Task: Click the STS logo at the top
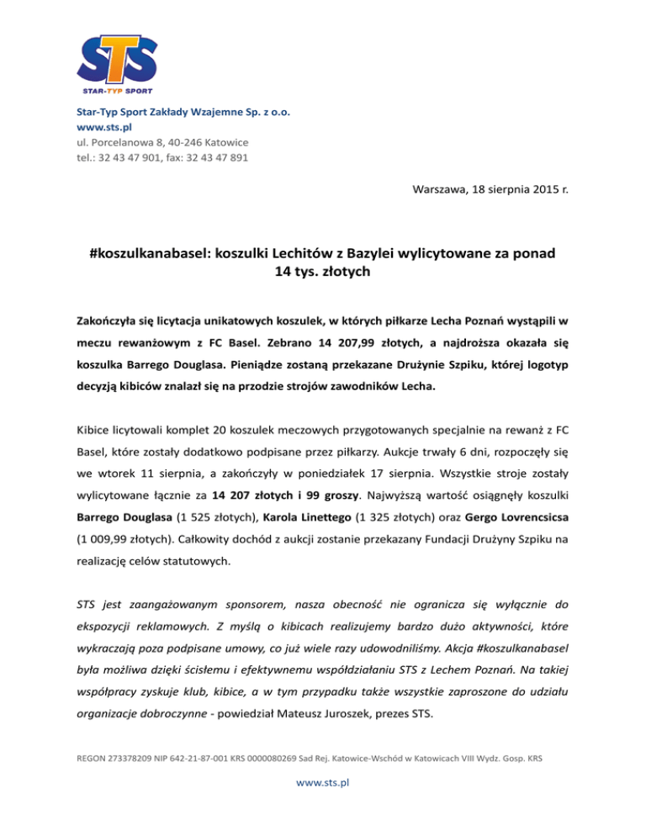tap(118, 57)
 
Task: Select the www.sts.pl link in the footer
tap(322, 781)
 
